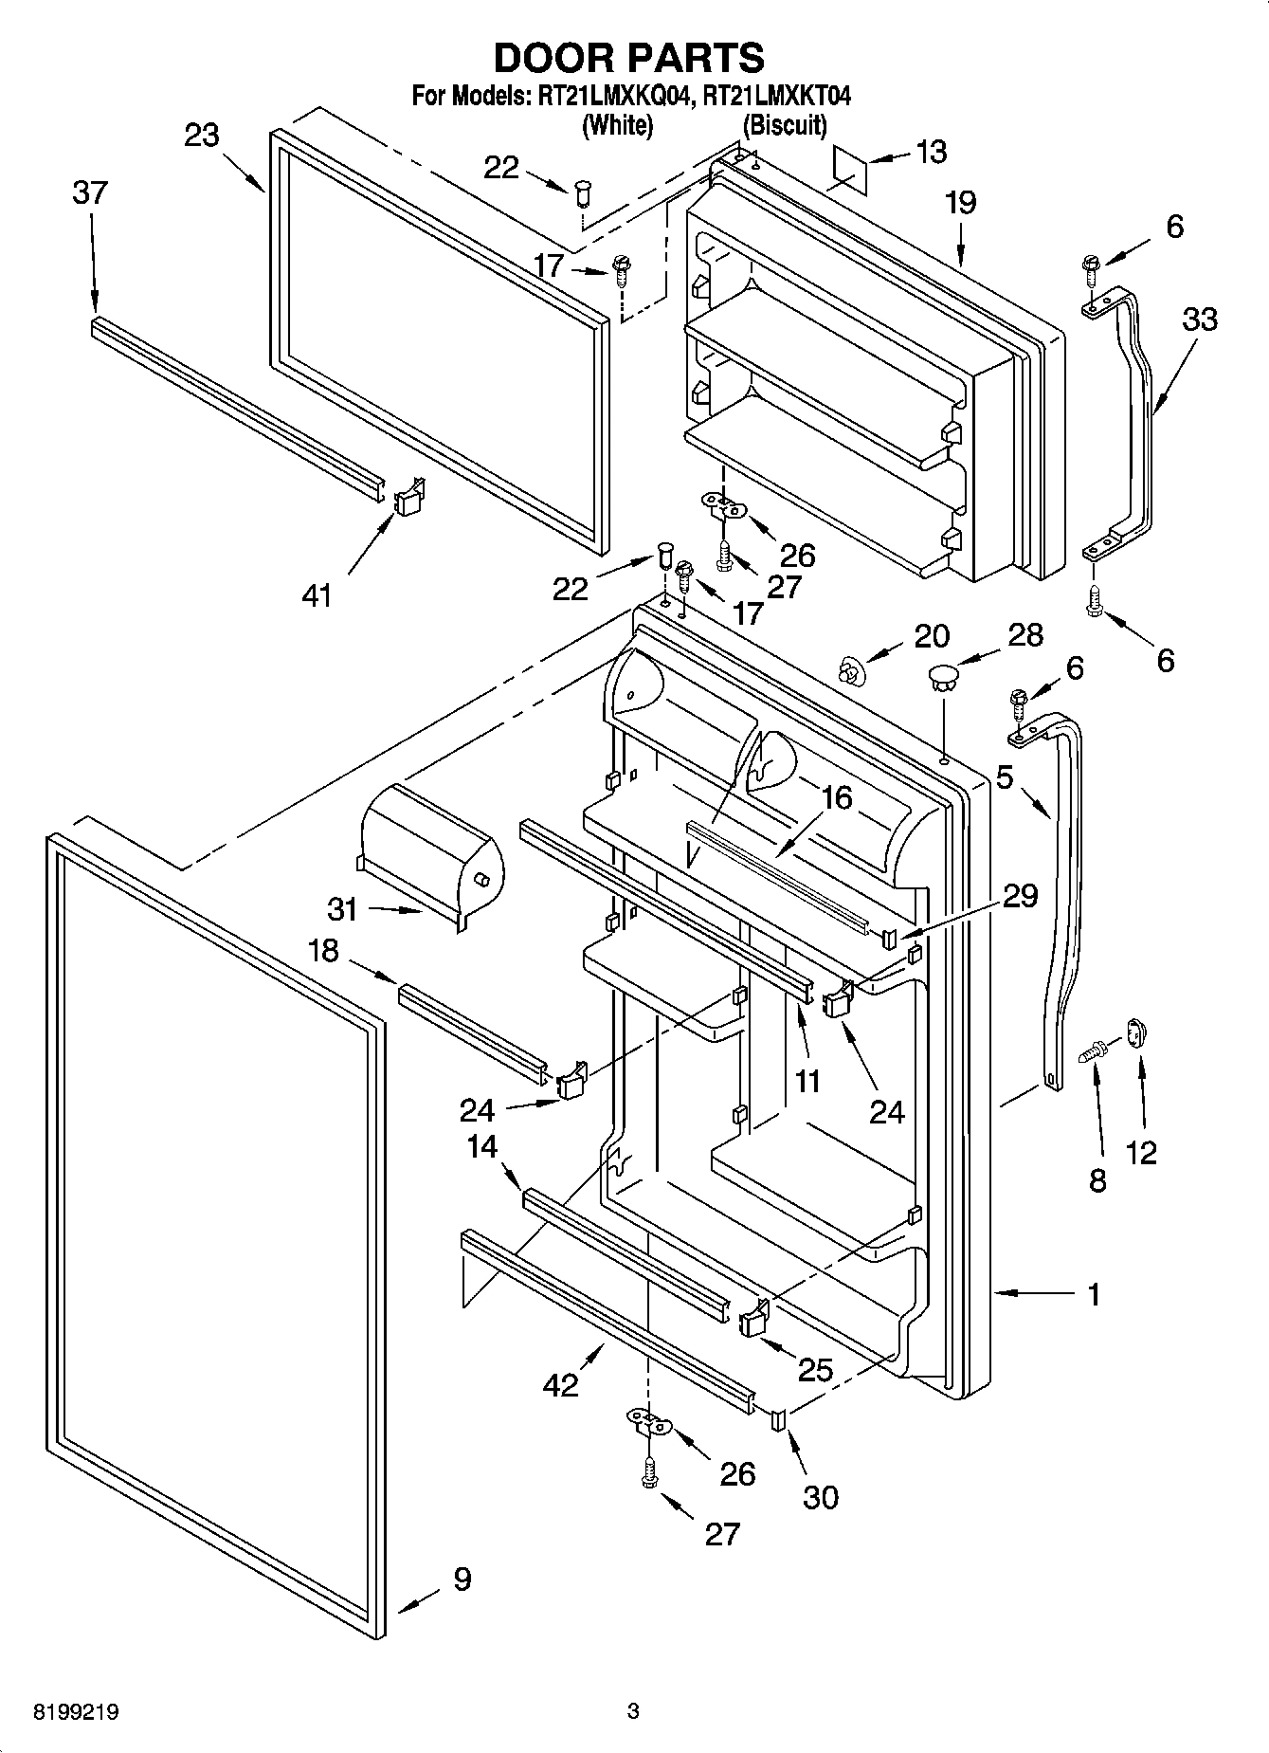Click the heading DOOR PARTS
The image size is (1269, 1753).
click(x=629, y=58)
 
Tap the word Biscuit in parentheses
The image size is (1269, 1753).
click(x=785, y=125)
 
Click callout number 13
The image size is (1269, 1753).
click(x=932, y=152)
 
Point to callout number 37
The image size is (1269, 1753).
click(x=91, y=192)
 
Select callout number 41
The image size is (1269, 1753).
click(x=317, y=595)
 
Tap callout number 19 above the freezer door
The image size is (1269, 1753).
click(x=960, y=203)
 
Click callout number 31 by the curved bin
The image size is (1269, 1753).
click(x=342, y=909)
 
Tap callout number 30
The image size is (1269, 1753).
click(x=821, y=1497)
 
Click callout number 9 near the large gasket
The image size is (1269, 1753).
click(x=462, y=1580)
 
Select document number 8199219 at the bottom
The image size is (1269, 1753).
click(x=76, y=1713)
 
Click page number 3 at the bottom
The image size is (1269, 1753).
click(x=633, y=1712)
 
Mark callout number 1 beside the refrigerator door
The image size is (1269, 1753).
click(x=1094, y=1294)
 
